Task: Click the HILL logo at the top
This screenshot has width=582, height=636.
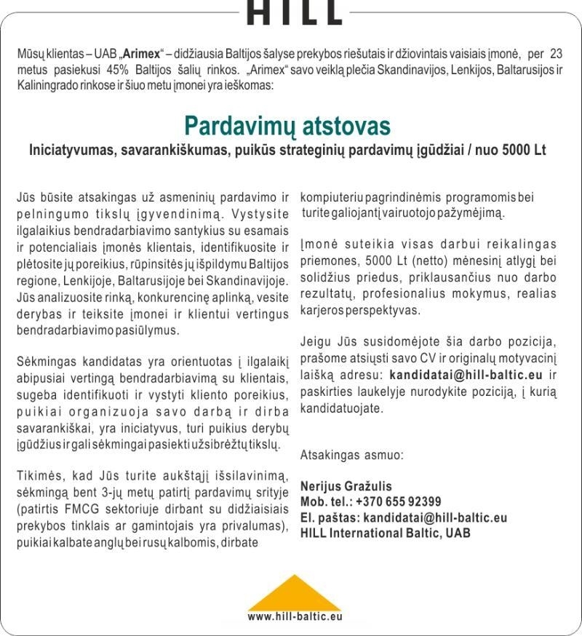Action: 294,12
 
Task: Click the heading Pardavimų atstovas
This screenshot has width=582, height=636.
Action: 287,125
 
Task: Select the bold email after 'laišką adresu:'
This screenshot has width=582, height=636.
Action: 466,375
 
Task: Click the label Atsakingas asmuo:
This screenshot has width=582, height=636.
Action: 351,456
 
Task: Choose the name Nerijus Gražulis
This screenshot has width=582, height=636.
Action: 346,486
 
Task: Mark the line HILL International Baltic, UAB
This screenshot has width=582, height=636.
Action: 385,533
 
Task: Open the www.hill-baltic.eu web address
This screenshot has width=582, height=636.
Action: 294,616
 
